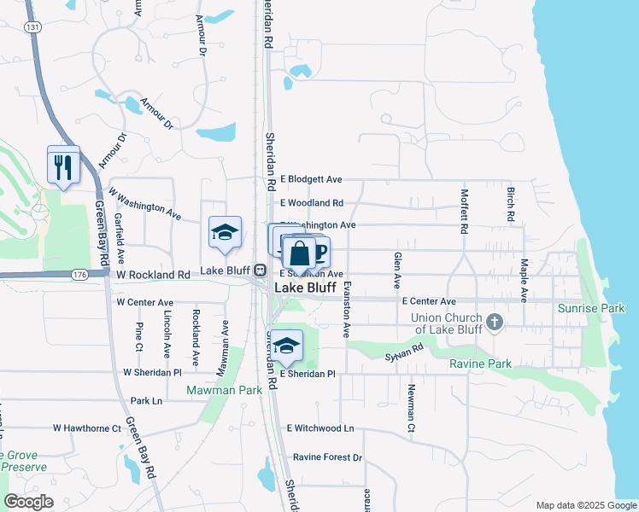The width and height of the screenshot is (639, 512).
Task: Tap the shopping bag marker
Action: pos(299,254)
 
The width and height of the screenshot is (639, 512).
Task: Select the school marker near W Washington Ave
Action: pos(226,233)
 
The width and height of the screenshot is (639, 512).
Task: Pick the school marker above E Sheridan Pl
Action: pos(287,346)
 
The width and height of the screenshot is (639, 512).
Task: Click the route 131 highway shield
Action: pos(32,27)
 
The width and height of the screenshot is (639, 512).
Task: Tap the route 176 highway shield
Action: pos(80,275)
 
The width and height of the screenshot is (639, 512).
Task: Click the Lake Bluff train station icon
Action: pos(258,271)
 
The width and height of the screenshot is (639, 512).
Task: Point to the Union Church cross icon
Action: pos(494,323)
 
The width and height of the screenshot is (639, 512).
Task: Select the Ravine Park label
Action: pos(480,364)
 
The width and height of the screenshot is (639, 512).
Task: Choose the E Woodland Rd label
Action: pos(312,203)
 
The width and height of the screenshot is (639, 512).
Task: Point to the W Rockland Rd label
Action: pos(154,275)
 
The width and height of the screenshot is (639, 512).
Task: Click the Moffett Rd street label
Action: pos(465,212)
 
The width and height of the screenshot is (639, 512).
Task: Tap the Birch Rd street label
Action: pos(510,206)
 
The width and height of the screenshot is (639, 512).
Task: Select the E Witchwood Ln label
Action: pos(320,428)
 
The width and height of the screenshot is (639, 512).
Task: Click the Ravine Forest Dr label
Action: pos(327,457)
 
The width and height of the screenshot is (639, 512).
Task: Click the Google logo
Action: pos(28,502)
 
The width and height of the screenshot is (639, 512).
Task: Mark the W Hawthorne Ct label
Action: pos(87,428)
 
